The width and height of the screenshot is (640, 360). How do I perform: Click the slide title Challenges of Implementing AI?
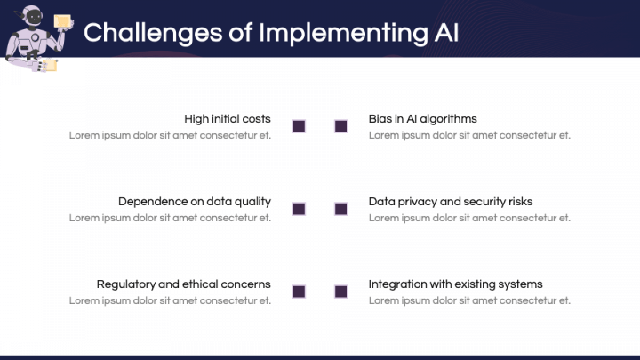pyautogui.click(x=271, y=33)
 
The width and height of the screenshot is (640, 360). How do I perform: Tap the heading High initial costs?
pyautogui.click(x=228, y=119)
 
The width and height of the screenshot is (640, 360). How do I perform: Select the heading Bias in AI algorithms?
pyautogui.click(x=422, y=119)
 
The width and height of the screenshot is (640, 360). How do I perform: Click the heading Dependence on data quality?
pyautogui.click(x=195, y=202)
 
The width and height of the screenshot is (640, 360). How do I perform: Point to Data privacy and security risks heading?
pyautogui.click(x=451, y=202)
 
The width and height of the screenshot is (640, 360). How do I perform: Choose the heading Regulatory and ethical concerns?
pyautogui.click(x=184, y=284)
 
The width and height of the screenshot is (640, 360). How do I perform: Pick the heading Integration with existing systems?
pyautogui.click(x=455, y=284)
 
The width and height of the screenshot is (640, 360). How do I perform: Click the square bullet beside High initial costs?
pyautogui.click(x=300, y=126)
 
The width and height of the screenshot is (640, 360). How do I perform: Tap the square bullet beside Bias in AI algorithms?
pyautogui.click(x=340, y=126)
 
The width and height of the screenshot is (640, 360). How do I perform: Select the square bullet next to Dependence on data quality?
pyautogui.click(x=300, y=209)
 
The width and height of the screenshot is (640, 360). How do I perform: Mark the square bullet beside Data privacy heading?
pyautogui.click(x=340, y=209)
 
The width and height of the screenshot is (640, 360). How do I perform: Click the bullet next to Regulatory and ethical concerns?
pyautogui.click(x=300, y=292)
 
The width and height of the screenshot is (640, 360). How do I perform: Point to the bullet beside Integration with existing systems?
pyautogui.click(x=340, y=292)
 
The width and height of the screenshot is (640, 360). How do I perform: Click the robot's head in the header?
pyautogui.click(x=32, y=17)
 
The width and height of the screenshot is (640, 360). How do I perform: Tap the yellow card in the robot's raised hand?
pyautogui.click(x=62, y=21)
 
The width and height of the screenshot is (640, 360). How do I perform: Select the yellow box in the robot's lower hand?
pyautogui.click(x=50, y=65)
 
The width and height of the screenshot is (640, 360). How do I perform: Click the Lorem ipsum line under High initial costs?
pyautogui.click(x=170, y=135)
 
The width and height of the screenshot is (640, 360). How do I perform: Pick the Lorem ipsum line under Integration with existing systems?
pyautogui.click(x=469, y=300)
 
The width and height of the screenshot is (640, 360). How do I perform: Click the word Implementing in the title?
pyautogui.click(x=344, y=34)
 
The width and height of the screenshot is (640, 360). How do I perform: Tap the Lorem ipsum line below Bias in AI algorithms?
pyautogui.click(x=469, y=135)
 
